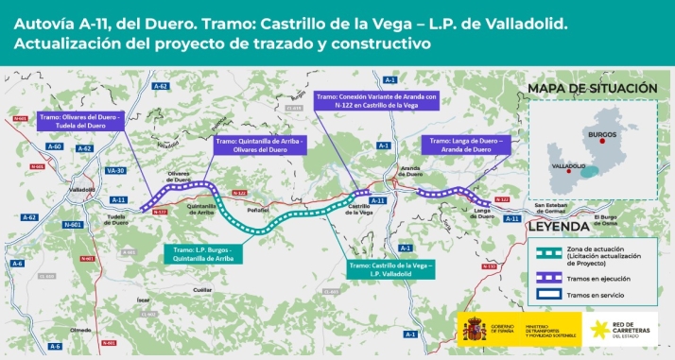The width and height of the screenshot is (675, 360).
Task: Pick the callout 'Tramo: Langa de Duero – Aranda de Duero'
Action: pos(470,145)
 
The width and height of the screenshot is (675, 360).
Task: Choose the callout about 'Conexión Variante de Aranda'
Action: pos(374,101)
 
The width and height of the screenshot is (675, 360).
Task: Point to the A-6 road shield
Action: pos(55,347)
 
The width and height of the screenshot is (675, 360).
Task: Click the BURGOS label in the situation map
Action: pos(601,135)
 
